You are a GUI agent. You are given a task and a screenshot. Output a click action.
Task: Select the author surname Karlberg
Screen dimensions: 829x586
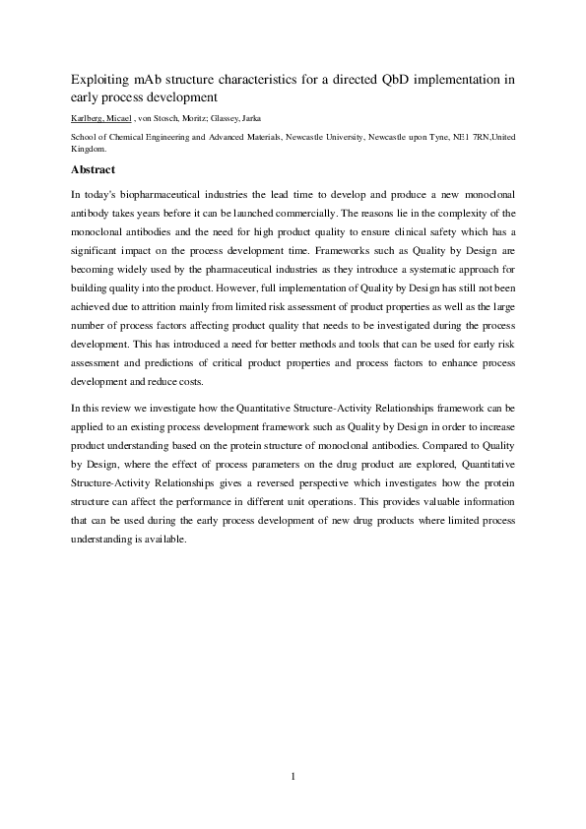pyautogui.click(x=92, y=118)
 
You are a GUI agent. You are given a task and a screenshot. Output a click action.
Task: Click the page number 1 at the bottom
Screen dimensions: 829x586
pyautogui.click(x=293, y=777)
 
